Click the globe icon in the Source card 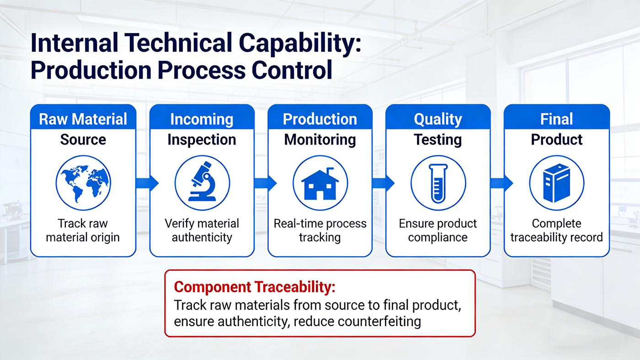[83, 183]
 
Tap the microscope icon [202, 183]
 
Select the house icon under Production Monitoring [320, 183]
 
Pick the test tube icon [438, 183]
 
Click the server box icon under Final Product [556, 183]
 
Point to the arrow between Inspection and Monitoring [265, 183]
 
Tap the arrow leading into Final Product [501, 183]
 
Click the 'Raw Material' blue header [83, 119]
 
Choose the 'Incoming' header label [202, 119]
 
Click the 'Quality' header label [437, 119]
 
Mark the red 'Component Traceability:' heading [255, 287]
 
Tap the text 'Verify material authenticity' [202, 231]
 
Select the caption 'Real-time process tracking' [320, 231]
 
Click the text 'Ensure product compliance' [437, 231]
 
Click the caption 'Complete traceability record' [556, 231]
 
